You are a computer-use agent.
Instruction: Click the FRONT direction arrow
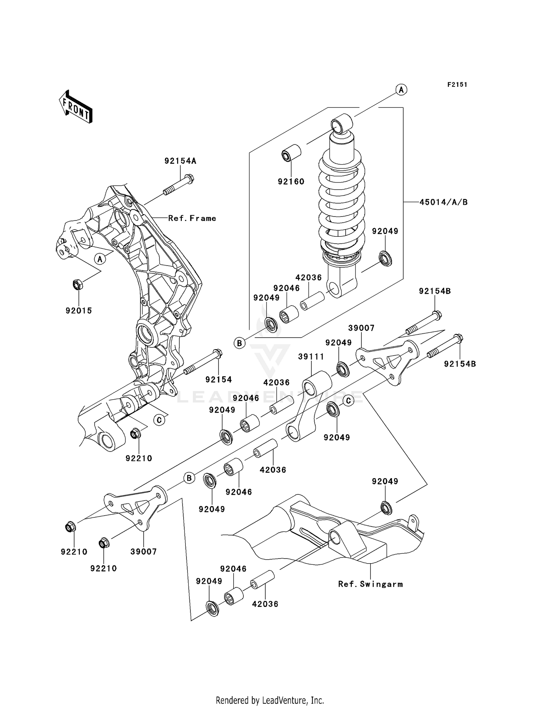(x=76, y=107)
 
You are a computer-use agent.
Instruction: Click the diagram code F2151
(x=457, y=85)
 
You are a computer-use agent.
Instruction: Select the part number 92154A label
(x=180, y=161)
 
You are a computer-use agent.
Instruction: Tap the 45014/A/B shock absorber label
(x=443, y=203)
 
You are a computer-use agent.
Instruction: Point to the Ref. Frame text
(x=192, y=218)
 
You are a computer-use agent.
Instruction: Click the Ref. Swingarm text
(x=370, y=584)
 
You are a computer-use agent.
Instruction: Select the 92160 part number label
(x=291, y=182)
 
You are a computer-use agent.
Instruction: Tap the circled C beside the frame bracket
(x=159, y=419)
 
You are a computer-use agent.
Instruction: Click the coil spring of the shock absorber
(x=341, y=202)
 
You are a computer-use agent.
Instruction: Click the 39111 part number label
(x=311, y=357)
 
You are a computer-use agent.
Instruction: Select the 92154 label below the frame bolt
(x=219, y=379)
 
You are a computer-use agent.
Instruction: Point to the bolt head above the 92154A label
(x=190, y=178)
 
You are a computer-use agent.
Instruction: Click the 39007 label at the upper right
(x=361, y=328)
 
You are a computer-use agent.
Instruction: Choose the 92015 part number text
(x=79, y=311)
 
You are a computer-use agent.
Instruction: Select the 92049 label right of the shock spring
(x=385, y=231)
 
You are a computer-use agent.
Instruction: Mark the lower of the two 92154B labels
(x=460, y=364)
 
